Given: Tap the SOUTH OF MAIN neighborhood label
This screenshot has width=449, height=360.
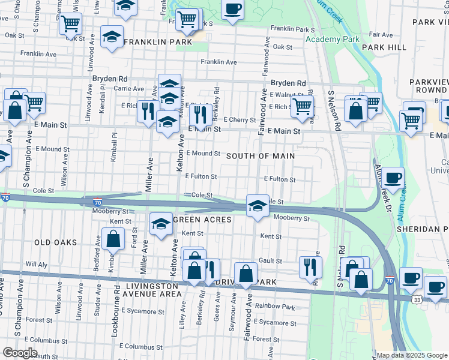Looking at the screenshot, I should (x=261, y=156).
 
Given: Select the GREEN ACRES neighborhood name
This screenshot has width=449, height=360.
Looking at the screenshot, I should (x=202, y=220).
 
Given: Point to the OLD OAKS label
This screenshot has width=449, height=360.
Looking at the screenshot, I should (x=56, y=242).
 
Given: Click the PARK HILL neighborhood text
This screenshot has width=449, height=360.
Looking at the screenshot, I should (x=384, y=47).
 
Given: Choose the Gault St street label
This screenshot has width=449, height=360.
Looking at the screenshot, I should (x=270, y=261).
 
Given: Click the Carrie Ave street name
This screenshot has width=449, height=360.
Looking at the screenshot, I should (x=128, y=88).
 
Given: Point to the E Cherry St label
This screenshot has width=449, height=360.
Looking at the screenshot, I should (x=240, y=120).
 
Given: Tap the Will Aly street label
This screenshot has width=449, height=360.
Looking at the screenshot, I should (x=36, y=264).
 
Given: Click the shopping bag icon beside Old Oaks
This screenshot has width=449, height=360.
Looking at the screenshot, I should (x=113, y=239).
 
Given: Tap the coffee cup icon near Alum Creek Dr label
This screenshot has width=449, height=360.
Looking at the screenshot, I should (x=393, y=178).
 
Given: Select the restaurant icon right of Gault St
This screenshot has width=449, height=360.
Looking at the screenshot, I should (x=310, y=265).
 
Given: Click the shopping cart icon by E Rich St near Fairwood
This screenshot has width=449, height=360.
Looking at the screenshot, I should (x=303, y=106).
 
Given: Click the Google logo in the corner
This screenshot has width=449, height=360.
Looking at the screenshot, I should (x=20, y=353).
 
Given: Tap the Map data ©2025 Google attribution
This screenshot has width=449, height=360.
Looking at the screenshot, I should (x=411, y=355).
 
